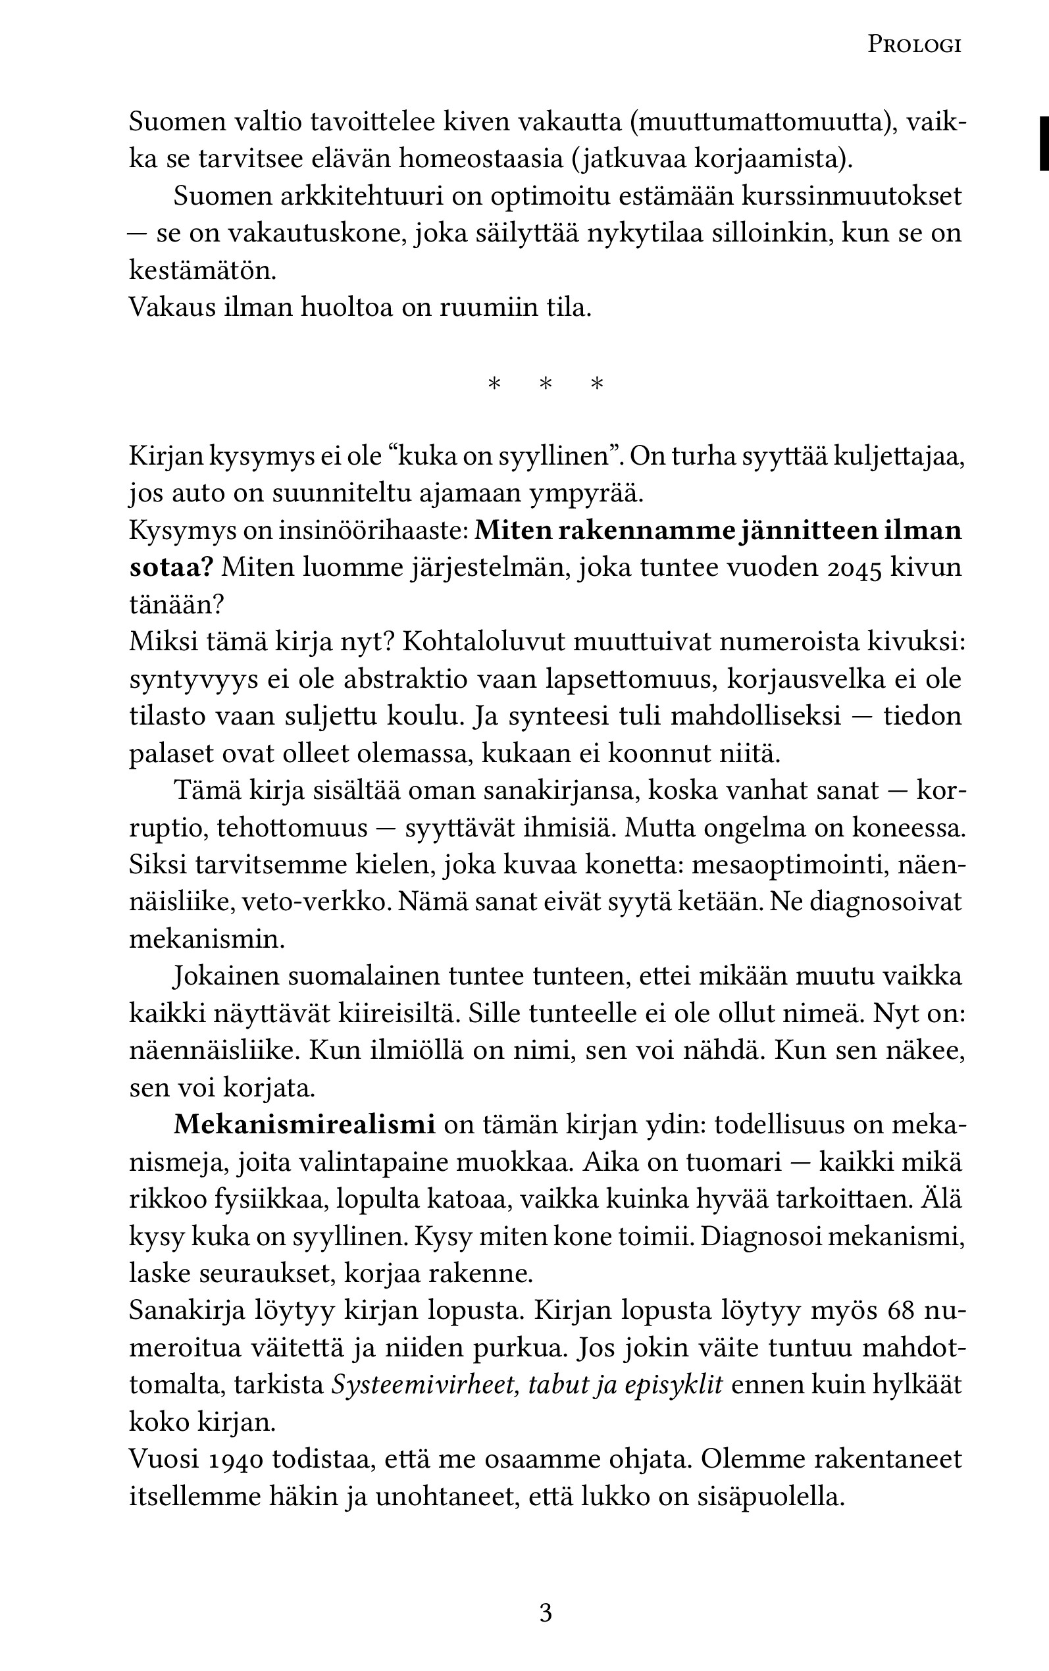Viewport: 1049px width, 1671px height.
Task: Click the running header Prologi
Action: click(913, 45)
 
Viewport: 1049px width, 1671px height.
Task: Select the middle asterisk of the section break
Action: click(546, 384)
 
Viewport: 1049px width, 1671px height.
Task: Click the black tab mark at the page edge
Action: click(1044, 143)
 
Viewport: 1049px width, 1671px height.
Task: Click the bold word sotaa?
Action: click(170, 568)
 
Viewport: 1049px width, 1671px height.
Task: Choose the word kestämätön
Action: click(203, 270)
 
